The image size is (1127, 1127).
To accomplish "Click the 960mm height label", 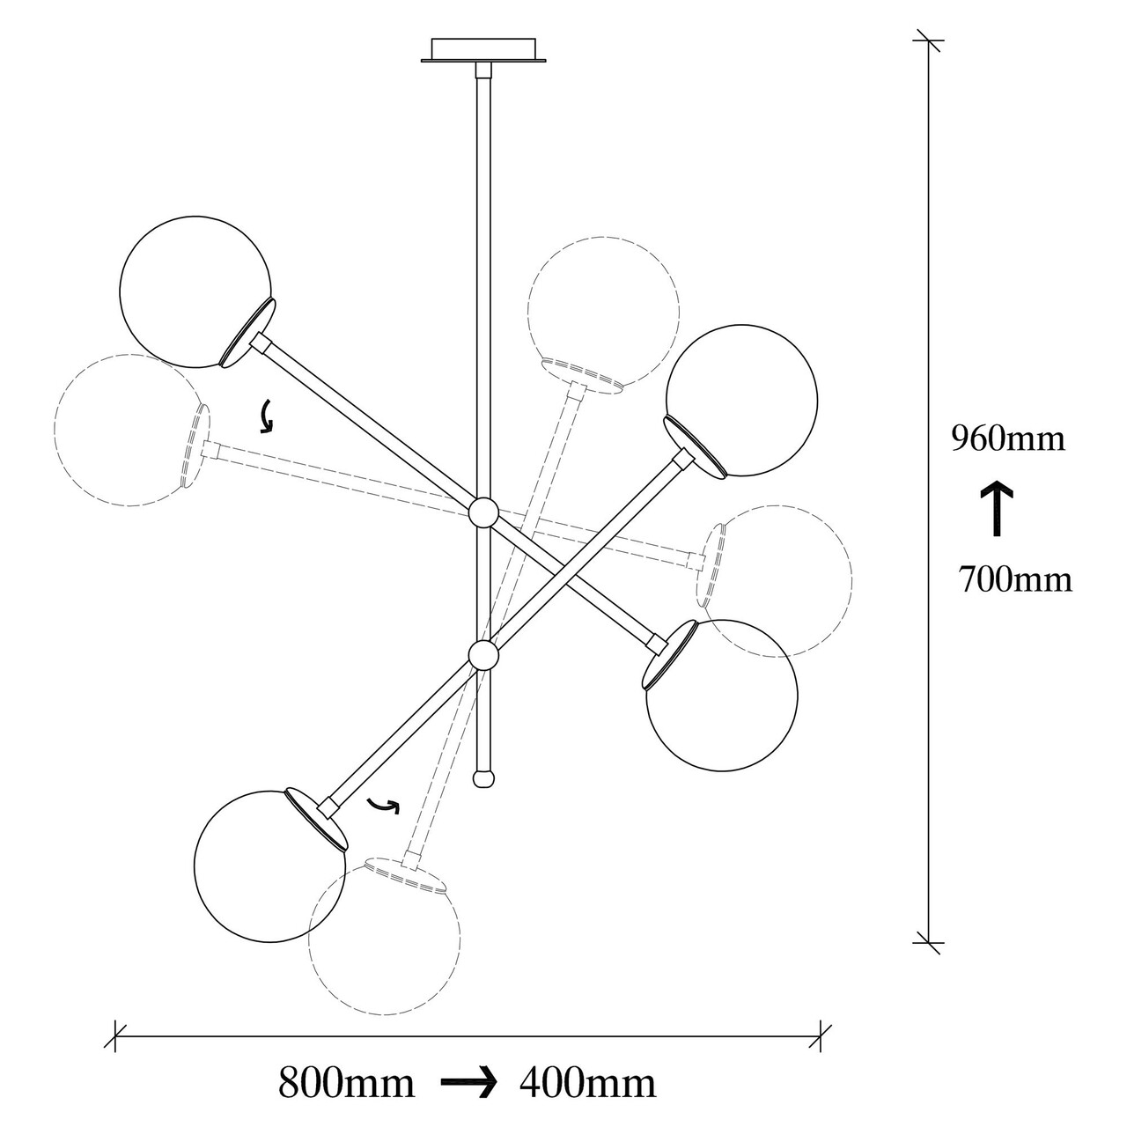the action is (1007, 438).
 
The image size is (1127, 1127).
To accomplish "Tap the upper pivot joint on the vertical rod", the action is (483, 513).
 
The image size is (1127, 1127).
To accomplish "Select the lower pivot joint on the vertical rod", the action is (483, 655).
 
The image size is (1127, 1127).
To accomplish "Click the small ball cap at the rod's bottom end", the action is (483, 779).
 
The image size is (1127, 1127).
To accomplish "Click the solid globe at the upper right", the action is (741, 401).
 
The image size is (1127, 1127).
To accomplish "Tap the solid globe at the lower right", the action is (722, 696).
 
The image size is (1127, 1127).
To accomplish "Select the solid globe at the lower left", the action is (269, 866).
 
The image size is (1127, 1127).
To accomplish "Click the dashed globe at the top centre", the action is (604, 313).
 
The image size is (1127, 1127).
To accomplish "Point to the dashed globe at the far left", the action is (130, 430).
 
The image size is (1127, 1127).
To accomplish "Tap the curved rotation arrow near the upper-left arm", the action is (267, 416).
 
